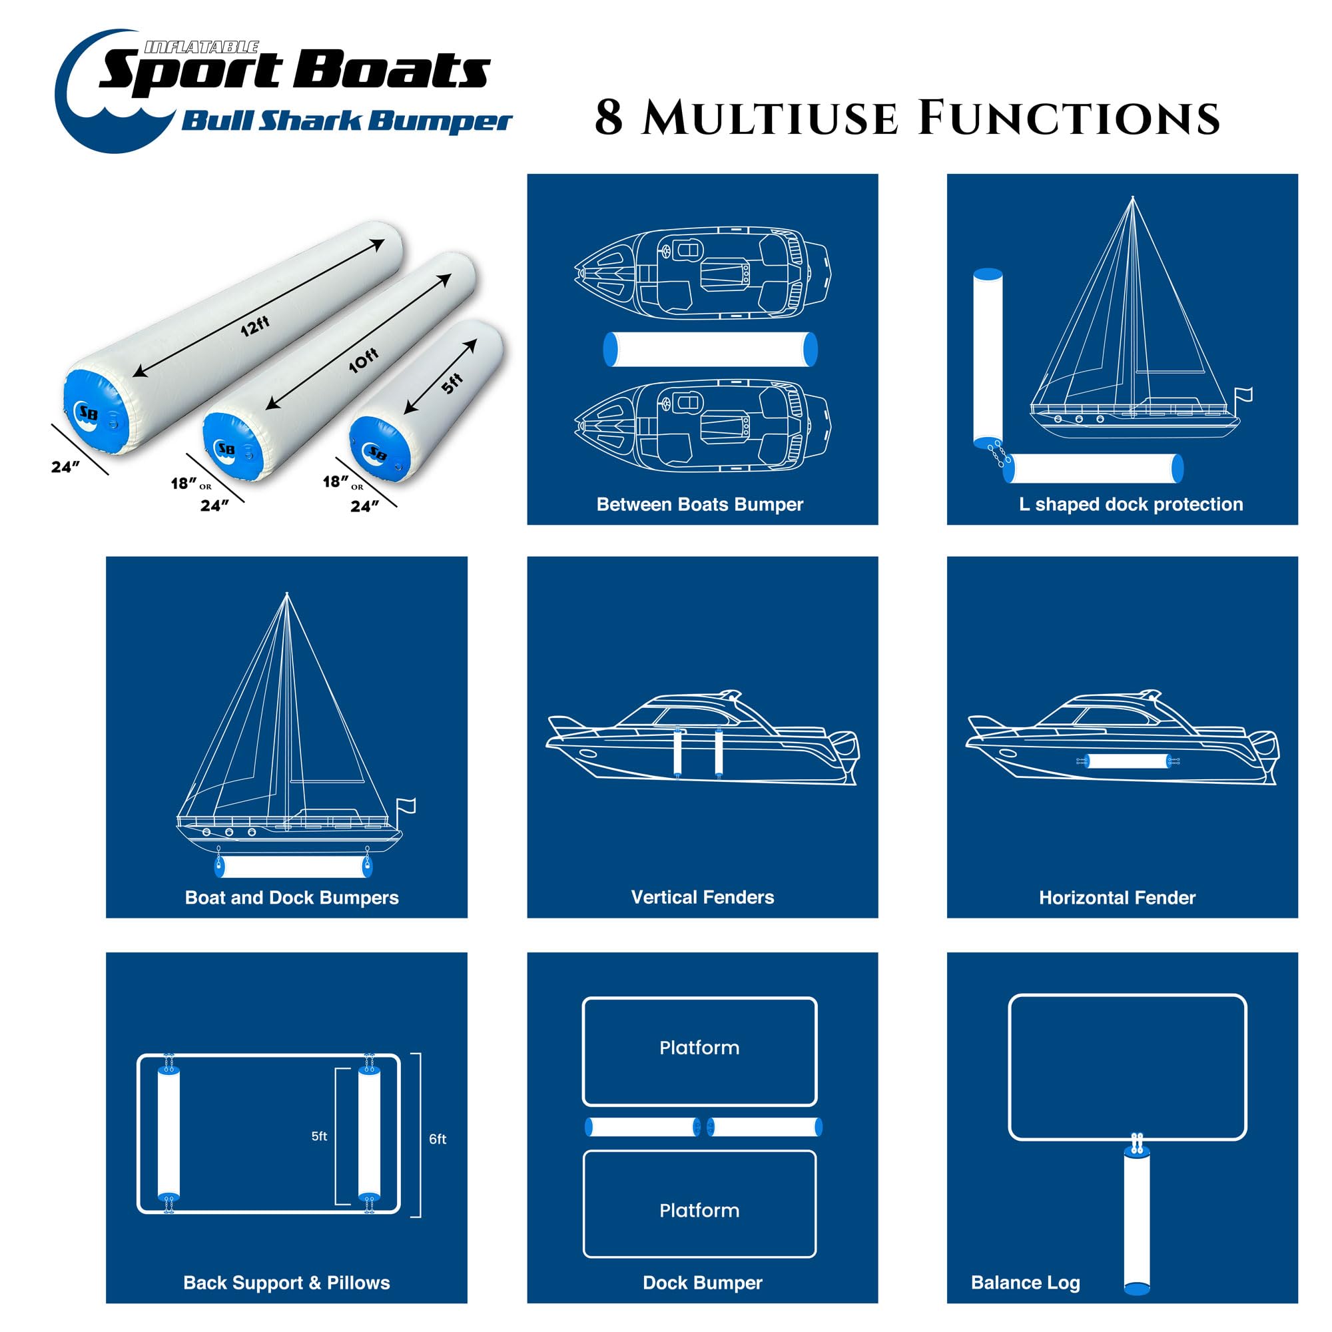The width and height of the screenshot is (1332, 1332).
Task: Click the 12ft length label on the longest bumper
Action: [255, 326]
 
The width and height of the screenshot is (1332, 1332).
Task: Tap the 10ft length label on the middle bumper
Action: [364, 360]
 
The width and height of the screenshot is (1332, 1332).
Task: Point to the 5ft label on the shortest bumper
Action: [452, 384]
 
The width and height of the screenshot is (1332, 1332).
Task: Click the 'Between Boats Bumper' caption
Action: [700, 505]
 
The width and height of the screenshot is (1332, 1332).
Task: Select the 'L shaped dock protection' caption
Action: [1131, 505]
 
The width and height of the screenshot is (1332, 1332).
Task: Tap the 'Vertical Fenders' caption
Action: [703, 897]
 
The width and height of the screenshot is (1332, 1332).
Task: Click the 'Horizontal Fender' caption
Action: [1117, 898]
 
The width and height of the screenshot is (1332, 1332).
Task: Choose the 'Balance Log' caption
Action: [1025, 1282]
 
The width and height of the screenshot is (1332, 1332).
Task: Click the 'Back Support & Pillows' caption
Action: [286, 1282]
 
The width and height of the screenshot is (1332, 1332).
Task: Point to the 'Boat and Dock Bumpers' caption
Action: [292, 898]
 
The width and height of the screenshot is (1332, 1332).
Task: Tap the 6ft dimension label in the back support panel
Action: [438, 1139]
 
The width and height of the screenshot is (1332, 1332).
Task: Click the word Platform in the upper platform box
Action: [699, 1048]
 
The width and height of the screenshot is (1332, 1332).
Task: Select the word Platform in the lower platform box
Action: [699, 1210]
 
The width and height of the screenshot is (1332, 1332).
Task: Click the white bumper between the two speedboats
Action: [710, 349]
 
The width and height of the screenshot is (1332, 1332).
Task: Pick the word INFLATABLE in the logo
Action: [201, 47]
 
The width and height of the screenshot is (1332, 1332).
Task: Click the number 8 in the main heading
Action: [609, 118]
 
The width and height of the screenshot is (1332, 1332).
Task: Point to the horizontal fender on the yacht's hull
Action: [1127, 761]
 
